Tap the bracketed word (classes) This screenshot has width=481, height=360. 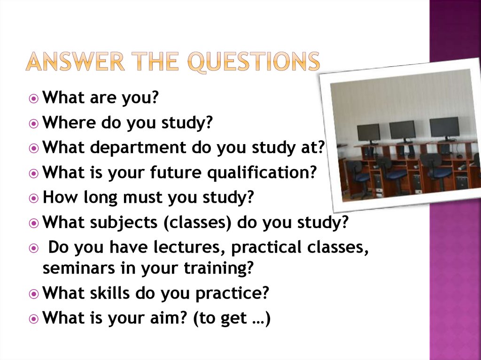click(x=197, y=222)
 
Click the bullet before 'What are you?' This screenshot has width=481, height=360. click(x=33, y=99)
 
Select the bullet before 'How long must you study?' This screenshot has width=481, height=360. click(x=33, y=198)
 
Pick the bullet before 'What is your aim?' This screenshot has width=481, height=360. click(x=33, y=319)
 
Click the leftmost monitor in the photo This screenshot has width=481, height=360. click(x=368, y=132)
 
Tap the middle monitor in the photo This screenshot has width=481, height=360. click(x=402, y=130)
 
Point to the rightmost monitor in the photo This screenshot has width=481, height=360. click(x=444, y=127)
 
